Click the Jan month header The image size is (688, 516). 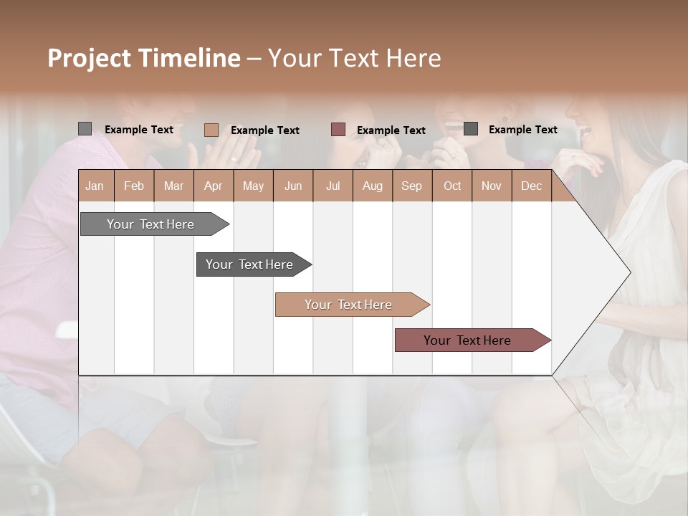click(x=95, y=186)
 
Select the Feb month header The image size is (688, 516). click(x=134, y=186)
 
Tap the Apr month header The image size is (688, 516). click(x=213, y=186)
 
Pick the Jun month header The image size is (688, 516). click(x=293, y=186)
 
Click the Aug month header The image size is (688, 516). click(x=372, y=186)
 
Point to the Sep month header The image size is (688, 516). click(x=411, y=186)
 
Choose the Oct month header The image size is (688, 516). click(x=452, y=186)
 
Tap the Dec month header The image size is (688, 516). click(x=531, y=186)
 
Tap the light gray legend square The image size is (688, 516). click(x=85, y=129)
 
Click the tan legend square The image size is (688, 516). click(x=211, y=130)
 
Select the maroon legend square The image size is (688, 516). click(x=338, y=129)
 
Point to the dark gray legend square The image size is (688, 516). click(x=471, y=129)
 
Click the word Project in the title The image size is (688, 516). click(x=90, y=58)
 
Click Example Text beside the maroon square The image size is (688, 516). click(x=391, y=130)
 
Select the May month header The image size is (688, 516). click(x=253, y=186)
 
